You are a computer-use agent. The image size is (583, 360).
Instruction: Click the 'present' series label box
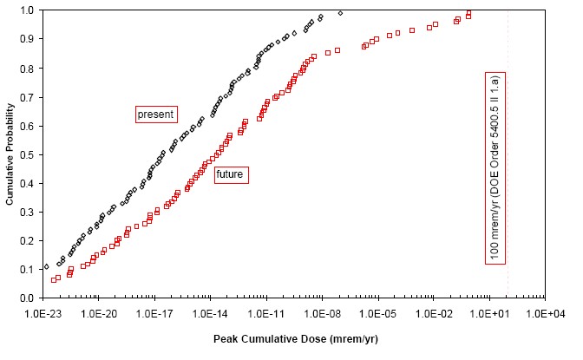[x=156, y=114]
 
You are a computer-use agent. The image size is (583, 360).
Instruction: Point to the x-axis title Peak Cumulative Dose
[x=296, y=338]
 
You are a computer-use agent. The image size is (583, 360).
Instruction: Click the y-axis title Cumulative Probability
[x=10, y=154]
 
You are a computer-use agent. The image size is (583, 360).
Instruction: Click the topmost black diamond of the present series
[x=340, y=13]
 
